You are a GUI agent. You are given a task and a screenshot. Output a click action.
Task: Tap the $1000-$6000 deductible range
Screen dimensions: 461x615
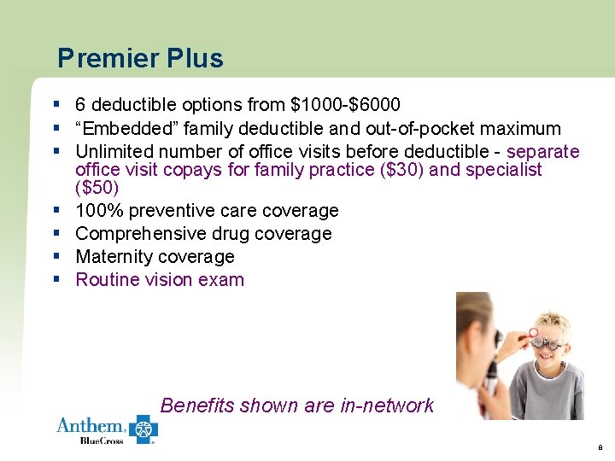point(345,106)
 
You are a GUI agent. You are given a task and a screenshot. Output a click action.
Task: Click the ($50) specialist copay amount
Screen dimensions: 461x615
point(97,187)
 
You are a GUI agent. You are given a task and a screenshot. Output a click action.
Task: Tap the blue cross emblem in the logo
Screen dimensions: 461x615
point(143,429)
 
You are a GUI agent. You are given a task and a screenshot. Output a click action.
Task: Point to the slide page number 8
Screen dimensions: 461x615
point(600,446)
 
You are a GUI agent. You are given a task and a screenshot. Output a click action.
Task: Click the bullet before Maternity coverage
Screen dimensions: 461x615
point(56,256)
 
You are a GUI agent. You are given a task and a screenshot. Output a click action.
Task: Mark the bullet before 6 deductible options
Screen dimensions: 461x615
point(56,105)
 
